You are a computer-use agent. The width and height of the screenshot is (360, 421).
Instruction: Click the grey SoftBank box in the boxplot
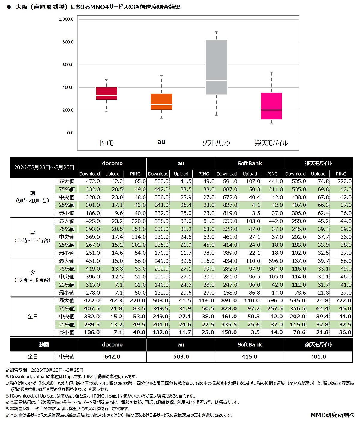pyautogui.click(x=216, y=67)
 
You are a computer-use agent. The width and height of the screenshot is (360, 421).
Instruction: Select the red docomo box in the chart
pyautogui.click(x=106, y=93)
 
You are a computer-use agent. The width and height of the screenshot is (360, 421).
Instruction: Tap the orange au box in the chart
pyautogui.click(x=161, y=101)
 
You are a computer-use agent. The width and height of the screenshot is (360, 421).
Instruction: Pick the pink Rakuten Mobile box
pyautogui.click(x=271, y=106)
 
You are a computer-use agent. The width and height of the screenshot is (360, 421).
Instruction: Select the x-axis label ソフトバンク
pyautogui.click(x=216, y=143)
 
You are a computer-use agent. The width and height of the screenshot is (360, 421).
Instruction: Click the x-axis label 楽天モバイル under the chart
pyautogui.click(x=271, y=143)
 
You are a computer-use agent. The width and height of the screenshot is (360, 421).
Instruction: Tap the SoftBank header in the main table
pyautogui.click(x=250, y=164)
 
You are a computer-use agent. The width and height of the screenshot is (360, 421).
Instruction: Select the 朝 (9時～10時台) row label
pyautogui.click(x=32, y=197)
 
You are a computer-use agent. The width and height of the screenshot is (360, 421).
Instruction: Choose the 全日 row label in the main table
pyautogui.click(x=32, y=316)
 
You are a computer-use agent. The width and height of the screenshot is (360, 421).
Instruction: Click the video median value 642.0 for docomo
pyautogui.click(x=112, y=356)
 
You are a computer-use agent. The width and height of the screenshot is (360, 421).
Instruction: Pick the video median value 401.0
pyautogui.click(x=318, y=356)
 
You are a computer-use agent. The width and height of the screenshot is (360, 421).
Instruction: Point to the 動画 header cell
pyautogui.click(x=44, y=345)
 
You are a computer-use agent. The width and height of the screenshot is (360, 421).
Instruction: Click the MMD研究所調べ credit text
pyautogui.click(x=332, y=415)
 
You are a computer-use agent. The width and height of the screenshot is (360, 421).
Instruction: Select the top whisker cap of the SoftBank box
pyautogui.click(x=216, y=32)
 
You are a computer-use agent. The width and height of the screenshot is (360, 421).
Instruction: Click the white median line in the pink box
pyautogui.click(x=271, y=110)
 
